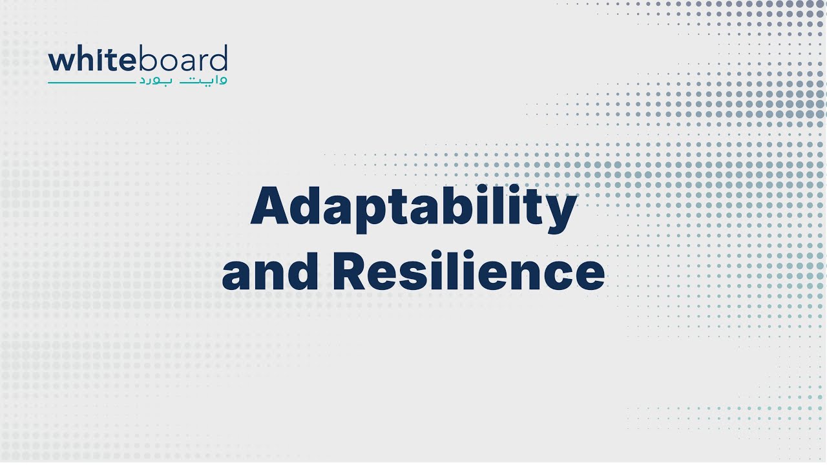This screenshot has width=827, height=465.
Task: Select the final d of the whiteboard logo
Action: (x=220, y=59)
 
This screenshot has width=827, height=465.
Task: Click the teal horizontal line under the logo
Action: (x=90, y=83)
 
